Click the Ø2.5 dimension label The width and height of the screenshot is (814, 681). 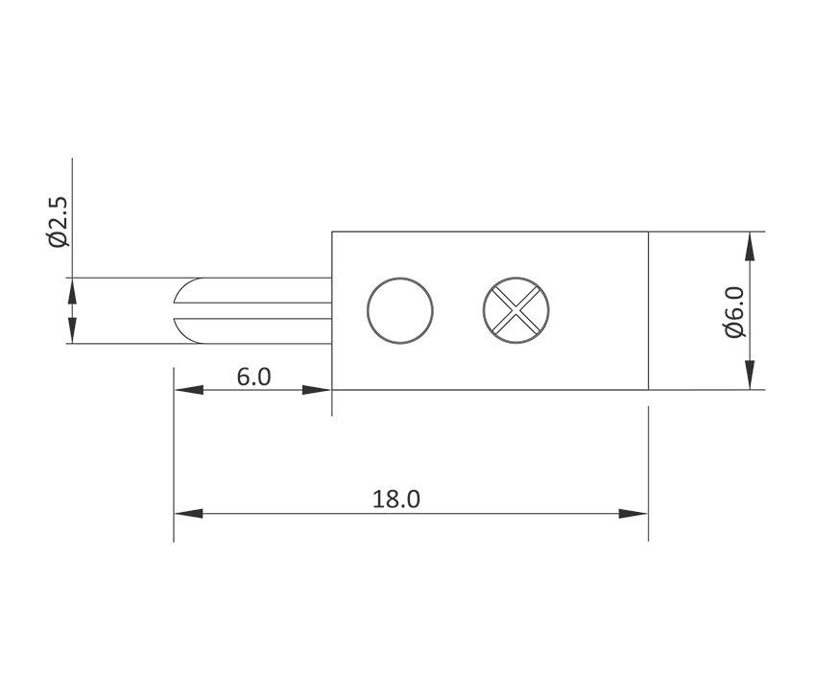[x=58, y=221]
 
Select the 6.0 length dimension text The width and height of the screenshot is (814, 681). [x=253, y=377]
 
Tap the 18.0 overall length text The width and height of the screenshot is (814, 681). [x=396, y=499]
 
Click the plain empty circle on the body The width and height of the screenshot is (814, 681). [x=400, y=310]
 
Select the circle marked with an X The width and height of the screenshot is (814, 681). [x=516, y=310]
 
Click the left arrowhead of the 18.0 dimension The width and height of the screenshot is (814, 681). [x=187, y=514]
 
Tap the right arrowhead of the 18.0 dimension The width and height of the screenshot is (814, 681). [x=634, y=514]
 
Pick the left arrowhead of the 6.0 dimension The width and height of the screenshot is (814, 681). [x=188, y=390]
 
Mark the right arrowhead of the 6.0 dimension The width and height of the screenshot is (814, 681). [x=318, y=390]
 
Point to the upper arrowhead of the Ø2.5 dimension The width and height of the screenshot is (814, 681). [x=71, y=291]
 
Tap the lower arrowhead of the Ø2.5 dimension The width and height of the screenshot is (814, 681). [x=71, y=330]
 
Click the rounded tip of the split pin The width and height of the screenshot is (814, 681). [x=180, y=310]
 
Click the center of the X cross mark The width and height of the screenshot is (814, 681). [x=516, y=310]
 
